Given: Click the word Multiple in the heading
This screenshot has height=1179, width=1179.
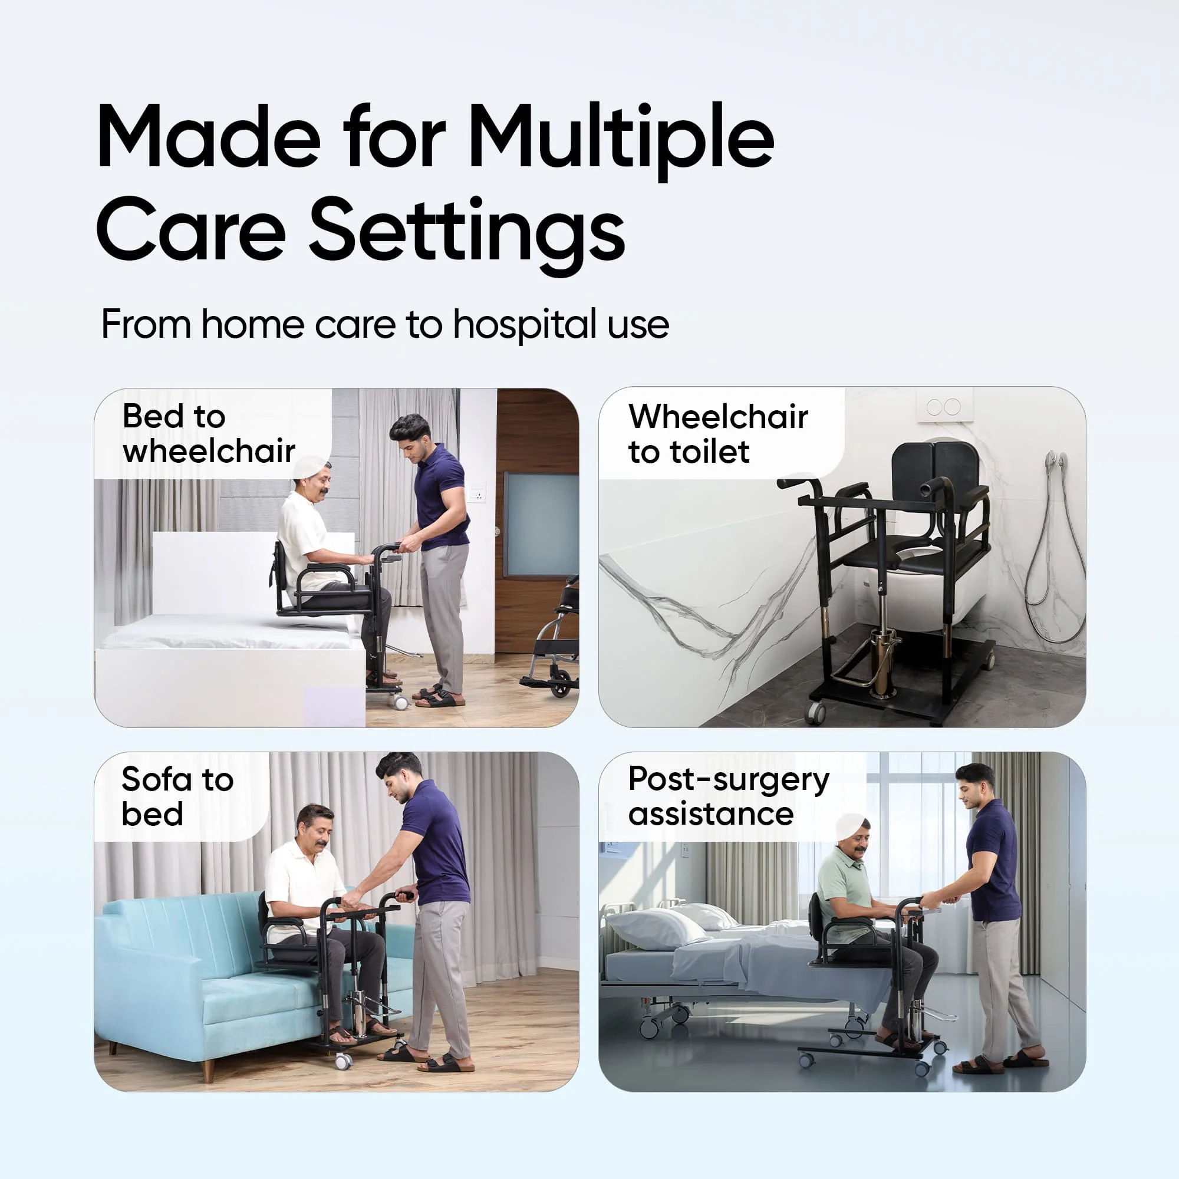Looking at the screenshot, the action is (x=621, y=140).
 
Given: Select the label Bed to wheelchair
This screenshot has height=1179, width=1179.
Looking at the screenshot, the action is (x=209, y=434).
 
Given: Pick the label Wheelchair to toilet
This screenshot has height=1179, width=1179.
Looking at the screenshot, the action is (x=718, y=434).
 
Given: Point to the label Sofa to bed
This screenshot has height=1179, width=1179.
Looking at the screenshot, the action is (x=177, y=796).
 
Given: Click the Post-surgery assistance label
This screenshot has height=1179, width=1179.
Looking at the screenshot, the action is (x=729, y=796).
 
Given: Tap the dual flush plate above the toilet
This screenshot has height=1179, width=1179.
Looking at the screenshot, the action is (x=944, y=406).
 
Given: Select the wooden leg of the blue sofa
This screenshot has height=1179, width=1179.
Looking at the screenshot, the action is (x=209, y=1071).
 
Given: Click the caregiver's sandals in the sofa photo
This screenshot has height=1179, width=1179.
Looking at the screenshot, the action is (x=427, y=1058).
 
